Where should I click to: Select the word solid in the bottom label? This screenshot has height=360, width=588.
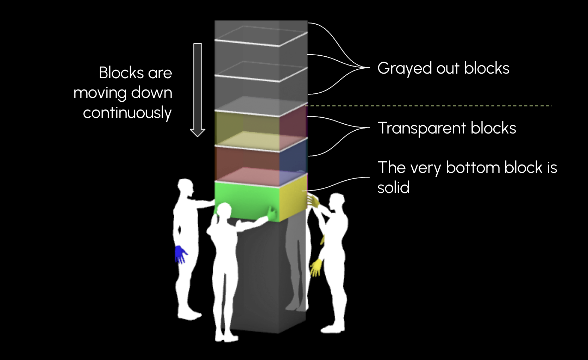click(393, 187)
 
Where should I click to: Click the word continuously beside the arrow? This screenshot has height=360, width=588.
click(127, 113)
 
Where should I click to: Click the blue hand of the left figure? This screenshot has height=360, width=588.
click(180, 254)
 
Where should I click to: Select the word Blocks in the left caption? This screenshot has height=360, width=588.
click(121, 73)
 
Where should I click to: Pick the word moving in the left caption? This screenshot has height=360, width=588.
click(100, 93)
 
